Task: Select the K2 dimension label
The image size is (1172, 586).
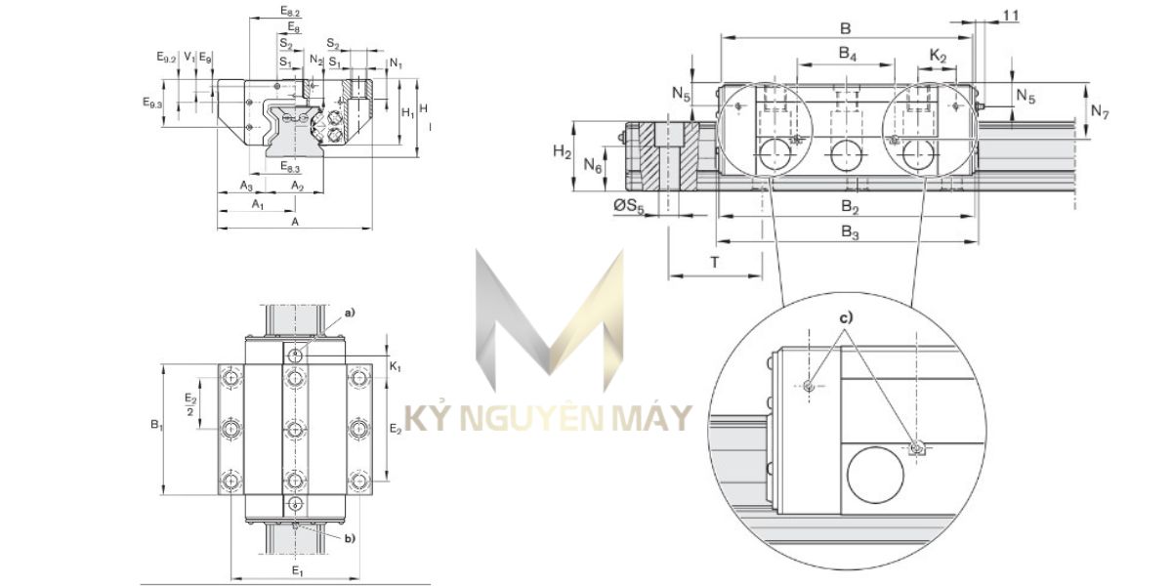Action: [x=938, y=58]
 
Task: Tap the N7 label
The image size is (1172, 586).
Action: [x=1100, y=112]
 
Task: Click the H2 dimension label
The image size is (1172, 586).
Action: [x=561, y=150]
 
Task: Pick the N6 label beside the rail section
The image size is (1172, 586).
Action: [x=592, y=167]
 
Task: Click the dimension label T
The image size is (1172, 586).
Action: [x=714, y=262]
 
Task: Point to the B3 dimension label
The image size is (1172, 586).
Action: [x=849, y=231]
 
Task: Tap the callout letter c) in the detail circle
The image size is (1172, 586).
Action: [x=845, y=317]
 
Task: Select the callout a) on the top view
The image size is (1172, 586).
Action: [x=349, y=312]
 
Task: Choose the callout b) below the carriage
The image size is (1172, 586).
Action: [x=349, y=538]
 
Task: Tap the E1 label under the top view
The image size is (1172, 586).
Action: [x=298, y=570]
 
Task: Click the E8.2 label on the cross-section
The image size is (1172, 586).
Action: [x=290, y=11]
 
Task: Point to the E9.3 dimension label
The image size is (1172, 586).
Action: [x=153, y=102]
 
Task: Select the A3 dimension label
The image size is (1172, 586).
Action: [x=247, y=186]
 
